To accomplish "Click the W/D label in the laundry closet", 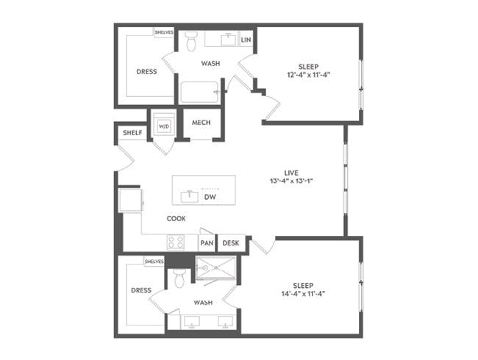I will coord(163,126).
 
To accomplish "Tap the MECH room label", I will coord(201,123).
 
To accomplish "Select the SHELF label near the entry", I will coord(132,132).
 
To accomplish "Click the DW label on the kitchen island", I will coord(210,197).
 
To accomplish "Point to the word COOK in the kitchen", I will coord(176,218).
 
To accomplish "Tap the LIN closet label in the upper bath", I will coord(246,40).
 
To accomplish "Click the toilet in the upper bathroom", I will coord(191,41).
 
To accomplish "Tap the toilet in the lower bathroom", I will coord(179,278).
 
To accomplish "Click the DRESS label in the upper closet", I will coord(147,72).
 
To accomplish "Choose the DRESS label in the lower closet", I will coord(141,290).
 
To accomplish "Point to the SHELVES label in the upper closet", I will coord(163,32).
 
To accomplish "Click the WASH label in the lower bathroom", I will coord(203,302).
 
